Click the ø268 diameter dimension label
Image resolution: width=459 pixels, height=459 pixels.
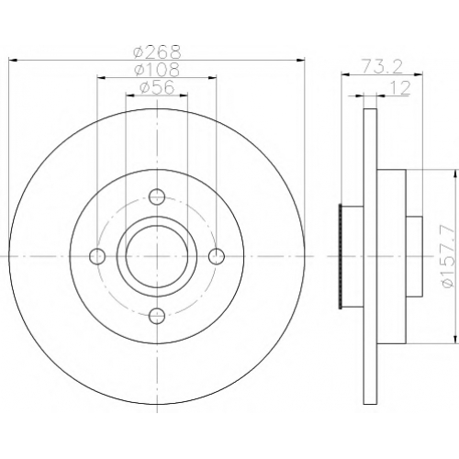click(157, 52)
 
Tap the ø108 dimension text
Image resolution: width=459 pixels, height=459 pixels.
click(157, 70)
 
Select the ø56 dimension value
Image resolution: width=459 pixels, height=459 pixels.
click(157, 87)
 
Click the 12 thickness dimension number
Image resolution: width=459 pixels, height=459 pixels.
click(400, 88)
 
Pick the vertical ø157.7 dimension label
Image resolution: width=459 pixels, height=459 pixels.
click(447, 255)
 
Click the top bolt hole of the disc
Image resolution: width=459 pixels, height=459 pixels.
click(157, 196)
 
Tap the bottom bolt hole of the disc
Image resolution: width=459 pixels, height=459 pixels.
click(157, 316)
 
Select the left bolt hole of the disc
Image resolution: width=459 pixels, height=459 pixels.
click(97, 256)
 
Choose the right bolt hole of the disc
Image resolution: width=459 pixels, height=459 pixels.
click(217, 256)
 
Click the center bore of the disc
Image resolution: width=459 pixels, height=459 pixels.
click(157, 256)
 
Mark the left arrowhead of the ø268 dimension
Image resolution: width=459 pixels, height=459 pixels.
click(14, 61)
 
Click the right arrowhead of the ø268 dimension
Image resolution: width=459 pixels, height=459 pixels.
click(301, 61)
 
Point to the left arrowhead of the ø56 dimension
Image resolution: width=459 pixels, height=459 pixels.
click(130, 95)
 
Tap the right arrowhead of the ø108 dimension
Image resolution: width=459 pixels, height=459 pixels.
click(212, 78)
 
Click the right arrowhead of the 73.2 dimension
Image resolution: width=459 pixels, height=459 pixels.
click(419, 73)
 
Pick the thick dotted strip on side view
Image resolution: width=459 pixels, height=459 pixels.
click(341, 256)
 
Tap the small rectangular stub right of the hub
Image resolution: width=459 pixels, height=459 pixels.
click(414, 256)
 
